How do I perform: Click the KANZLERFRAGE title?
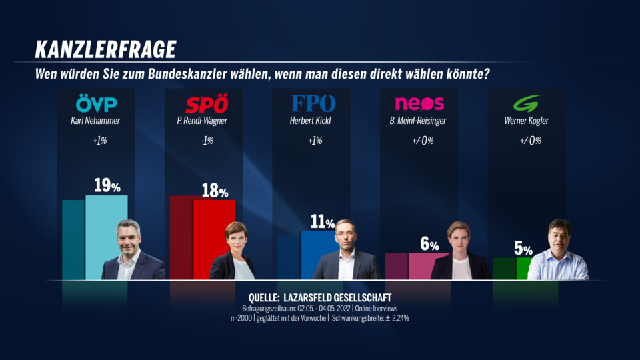[105, 49]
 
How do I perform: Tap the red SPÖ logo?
[206, 104]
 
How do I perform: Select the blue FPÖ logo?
[313, 104]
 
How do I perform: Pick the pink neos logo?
[419, 104]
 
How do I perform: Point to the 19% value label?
[107, 186]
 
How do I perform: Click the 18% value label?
[215, 191]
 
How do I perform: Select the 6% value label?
[429, 244]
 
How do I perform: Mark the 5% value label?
[523, 249]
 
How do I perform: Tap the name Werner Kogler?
[525, 121]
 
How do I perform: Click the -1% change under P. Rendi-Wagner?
[206, 141]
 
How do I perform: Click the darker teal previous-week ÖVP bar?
[73, 240]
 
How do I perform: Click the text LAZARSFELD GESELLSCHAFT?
[343, 297]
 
